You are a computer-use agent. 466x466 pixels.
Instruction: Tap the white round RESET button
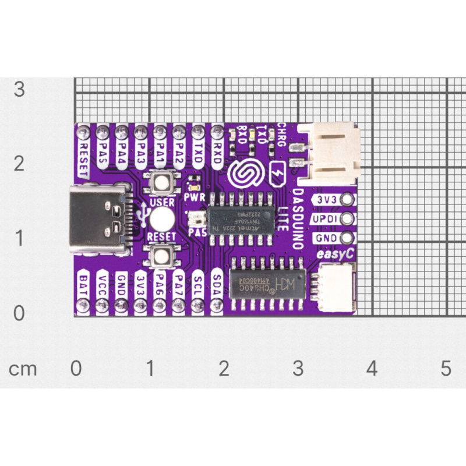point(161,220)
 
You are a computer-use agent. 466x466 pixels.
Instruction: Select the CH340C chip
point(267,284)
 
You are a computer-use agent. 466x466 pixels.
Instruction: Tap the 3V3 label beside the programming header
point(325,200)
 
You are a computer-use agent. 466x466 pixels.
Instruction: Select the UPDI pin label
point(325,220)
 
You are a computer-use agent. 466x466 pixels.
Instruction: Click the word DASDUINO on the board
point(298,218)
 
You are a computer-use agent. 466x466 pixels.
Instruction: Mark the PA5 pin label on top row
point(103,152)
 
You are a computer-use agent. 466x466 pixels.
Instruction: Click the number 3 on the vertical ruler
point(19,89)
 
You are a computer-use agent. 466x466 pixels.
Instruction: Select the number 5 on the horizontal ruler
point(446,368)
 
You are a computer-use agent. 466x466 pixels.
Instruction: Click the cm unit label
point(23,369)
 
